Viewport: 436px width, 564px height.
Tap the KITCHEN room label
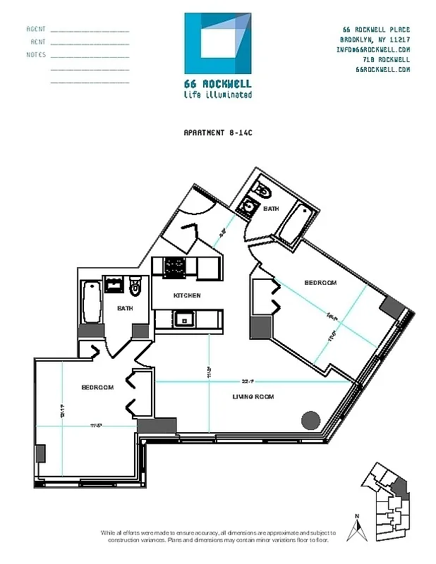(187, 295)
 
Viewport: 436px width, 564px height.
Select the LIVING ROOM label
(253, 397)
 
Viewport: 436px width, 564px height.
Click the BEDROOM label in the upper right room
(320, 283)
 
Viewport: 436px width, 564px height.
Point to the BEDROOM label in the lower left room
(97, 387)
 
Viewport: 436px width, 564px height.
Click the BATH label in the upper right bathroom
(271, 209)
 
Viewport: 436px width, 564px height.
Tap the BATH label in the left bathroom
(125, 308)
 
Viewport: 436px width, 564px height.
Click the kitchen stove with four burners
(175, 267)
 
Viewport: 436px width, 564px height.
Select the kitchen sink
(185, 318)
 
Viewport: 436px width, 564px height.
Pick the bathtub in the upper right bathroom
(295, 221)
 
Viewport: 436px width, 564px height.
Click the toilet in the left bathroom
(137, 286)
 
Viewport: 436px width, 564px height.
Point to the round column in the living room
(310, 420)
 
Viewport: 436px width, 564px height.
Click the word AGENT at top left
(36, 30)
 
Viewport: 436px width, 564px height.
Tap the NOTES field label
(36, 55)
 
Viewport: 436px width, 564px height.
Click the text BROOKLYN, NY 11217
(375, 40)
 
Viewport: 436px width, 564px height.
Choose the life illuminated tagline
(217, 94)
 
